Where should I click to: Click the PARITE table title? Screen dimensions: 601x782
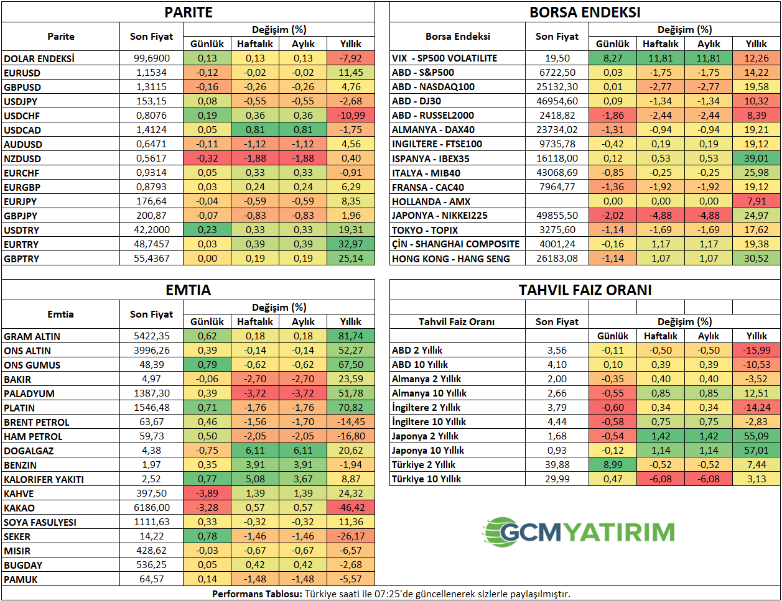pyautogui.click(x=188, y=12)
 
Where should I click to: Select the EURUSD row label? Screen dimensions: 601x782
pyautogui.click(x=22, y=73)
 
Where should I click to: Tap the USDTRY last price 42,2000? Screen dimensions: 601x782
pyautogui.click(x=152, y=230)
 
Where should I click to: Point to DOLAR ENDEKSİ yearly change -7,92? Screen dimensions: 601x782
pyautogui.click(x=351, y=58)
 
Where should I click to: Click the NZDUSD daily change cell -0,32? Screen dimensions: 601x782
pyautogui.click(x=207, y=158)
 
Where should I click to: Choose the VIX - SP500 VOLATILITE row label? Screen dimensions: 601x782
pyautogui.click(x=444, y=58)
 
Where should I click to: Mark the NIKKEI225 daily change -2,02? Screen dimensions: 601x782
pyautogui.click(x=613, y=216)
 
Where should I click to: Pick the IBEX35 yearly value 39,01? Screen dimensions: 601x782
pyautogui.click(x=756, y=158)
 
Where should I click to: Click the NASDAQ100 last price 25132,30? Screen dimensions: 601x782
pyautogui.click(x=557, y=87)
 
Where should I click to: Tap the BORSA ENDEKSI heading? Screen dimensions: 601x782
pyautogui.click(x=585, y=12)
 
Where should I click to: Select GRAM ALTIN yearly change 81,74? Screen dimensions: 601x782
pyautogui.click(x=351, y=336)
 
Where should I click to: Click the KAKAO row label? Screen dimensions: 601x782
pyautogui.click(x=19, y=508)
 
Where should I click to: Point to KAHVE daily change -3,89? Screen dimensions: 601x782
pyautogui.click(x=207, y=493)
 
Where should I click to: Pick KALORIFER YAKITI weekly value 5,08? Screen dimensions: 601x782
pyautogui.click(x=255, y=479)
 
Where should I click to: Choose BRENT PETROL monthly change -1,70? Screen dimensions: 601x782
pyautogui.click(x=303, y=422)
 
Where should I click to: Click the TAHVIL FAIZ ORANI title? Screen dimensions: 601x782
pyautogui.click(x=585, y=290)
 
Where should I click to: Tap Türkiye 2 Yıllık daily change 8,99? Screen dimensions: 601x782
pyautogui.click(x=613, y=465)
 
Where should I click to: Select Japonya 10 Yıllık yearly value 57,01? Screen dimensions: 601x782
pyautogui.click(x=756, y=451)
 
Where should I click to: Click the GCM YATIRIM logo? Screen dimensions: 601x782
pyautogui.click(x=579, y=532)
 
